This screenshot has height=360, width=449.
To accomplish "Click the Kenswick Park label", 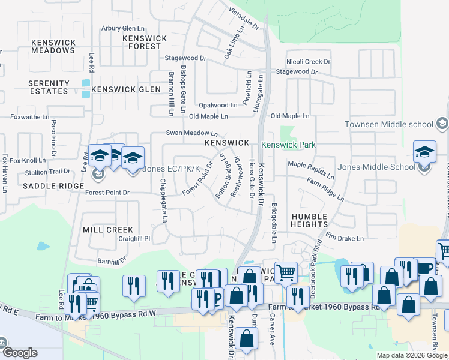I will point(288,145).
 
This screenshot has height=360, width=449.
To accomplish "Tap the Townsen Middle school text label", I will point(388,124).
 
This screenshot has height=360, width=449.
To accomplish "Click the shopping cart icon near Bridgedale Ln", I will point(286,272).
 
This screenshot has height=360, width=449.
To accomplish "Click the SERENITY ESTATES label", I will point(49,87).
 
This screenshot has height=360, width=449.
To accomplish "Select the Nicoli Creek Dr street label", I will point(308,61).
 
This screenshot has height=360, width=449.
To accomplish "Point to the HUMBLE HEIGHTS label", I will point(309,220).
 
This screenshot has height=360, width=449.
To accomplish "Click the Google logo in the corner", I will point(19,352).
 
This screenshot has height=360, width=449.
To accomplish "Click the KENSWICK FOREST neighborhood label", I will point(145,41).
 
